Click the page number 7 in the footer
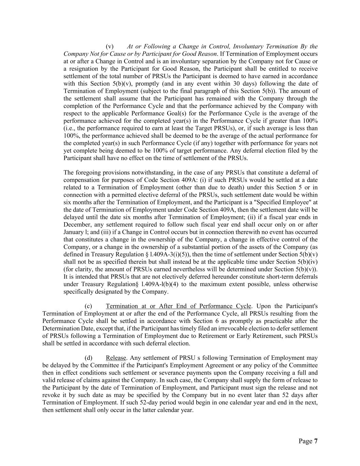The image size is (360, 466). (x=316, y=441)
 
